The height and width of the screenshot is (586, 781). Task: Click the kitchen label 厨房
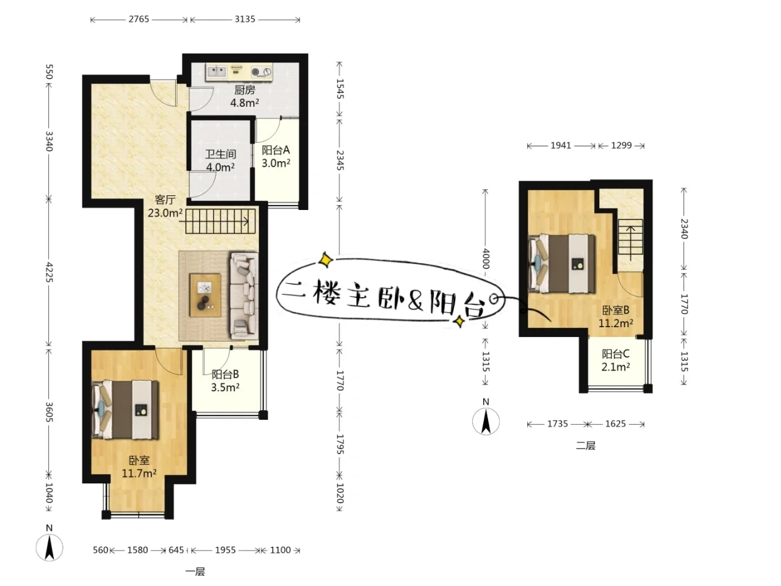tap(245, 90)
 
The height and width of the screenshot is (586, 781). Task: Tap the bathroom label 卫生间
tap(221, 154)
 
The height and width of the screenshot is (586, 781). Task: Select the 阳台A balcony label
tap(276, 150)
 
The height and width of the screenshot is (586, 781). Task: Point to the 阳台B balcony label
tap(225, 374)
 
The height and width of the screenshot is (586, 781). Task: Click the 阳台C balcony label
tap(616, 353)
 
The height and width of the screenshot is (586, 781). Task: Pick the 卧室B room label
tap(616, 310)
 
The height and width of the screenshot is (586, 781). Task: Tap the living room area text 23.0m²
tap(165, 213)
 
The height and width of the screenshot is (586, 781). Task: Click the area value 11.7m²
tap(139, 474)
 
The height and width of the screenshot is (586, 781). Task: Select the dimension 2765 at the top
tap(139, 19)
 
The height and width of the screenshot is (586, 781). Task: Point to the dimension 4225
tap(49, 272)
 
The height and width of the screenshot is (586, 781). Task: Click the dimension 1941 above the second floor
tap(561, 145)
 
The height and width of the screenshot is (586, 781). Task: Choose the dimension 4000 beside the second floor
tap(486, 259)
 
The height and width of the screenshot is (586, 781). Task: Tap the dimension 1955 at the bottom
tap(225, 550)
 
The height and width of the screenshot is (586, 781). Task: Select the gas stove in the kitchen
tap(261, 72)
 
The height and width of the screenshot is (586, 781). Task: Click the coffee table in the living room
tap(205, 295)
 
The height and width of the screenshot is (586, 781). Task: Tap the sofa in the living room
tap(244, 296)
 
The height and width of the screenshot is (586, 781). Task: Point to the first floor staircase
tap(221, 222)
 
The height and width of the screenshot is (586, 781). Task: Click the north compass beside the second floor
tap(486, 421)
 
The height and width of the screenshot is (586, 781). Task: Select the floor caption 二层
tap(586, 446)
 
